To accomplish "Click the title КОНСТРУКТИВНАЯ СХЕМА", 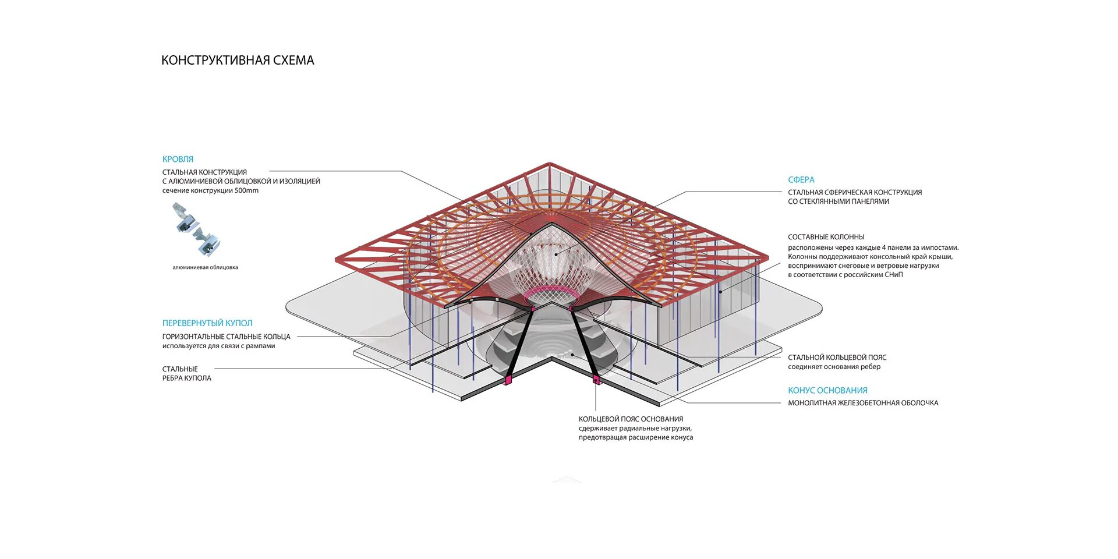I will click(238, 61).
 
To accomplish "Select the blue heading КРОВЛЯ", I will click(178, 159).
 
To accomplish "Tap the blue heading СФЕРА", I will click(801, 180).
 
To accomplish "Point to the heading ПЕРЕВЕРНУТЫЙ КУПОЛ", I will click(207, 323).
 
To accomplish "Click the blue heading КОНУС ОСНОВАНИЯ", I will click(827, 391).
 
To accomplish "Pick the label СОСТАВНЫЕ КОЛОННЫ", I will click(826, 237).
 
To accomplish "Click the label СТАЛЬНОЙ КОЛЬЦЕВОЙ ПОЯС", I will click(837, 358).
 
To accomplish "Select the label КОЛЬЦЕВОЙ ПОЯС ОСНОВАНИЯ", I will click(631, 419).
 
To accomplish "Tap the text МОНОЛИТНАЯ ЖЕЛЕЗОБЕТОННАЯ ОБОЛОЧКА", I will click(863, 403).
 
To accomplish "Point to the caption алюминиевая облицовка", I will click(205, 268).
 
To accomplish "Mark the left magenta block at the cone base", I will click(508, 380).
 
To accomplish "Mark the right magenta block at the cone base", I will click(596, 380).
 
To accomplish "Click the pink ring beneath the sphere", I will click(550, 291).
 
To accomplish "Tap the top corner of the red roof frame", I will click(550, 164).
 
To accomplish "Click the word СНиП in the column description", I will click(893, 275).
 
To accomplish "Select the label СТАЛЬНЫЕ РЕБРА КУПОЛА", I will click(186, 374).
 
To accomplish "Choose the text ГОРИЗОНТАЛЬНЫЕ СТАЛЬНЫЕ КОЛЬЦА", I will click(226, 337).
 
